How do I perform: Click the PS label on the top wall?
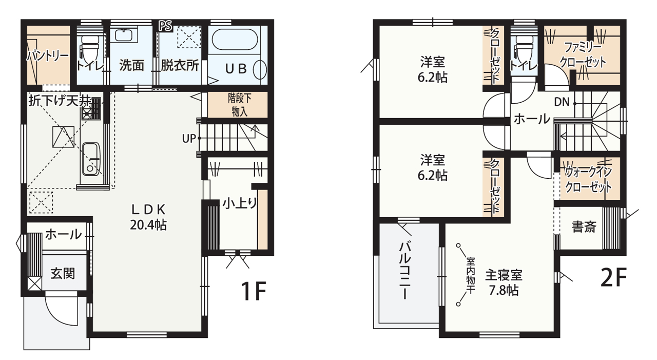(166, 26)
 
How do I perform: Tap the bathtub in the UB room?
(235, 39)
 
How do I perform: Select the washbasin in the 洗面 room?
(125, 35)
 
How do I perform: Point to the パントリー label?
(48, 55)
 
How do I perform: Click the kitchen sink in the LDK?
(91, 159)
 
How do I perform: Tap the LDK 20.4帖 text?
(148, 217)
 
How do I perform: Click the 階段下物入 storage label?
(240, 105)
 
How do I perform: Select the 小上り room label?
(240, 203)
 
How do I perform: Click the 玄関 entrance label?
(63, 273)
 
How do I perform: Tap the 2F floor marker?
(613, 277)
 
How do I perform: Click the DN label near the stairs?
(562, 102)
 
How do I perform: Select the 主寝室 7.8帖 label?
(504, 282)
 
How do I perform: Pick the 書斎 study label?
(584, 227)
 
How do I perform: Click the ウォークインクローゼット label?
(588, 180)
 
